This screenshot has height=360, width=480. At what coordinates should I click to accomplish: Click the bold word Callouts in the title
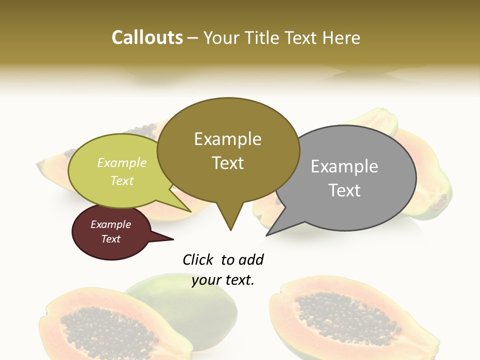[x=147, y=37]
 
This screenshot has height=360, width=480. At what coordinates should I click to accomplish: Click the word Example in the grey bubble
[x=344, y=166]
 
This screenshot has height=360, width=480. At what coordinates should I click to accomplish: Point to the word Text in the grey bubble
[x=344, y=190]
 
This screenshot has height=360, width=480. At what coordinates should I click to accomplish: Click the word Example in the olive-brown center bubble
[x=227, y=139]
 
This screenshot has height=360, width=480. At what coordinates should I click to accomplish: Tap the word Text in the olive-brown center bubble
[x=227, y=163]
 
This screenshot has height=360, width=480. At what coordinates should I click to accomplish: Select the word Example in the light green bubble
[x=122, y=162]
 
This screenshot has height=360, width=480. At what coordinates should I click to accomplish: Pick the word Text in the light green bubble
[x=122, y=180]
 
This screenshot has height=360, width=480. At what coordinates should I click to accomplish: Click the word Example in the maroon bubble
[x=110, y=224]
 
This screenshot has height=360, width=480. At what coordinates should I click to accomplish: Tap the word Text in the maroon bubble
[x=110, y=239]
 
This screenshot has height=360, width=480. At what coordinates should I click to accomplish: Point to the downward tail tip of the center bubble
[x=230, y=229]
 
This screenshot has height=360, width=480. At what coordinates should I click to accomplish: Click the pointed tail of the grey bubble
[x=267, y=234]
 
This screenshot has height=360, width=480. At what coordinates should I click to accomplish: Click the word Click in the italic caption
[x=198, y=259]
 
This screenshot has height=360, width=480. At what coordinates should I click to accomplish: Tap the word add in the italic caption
[x=251, y=259]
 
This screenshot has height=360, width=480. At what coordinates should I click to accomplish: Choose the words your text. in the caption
[x=223, y=280]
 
